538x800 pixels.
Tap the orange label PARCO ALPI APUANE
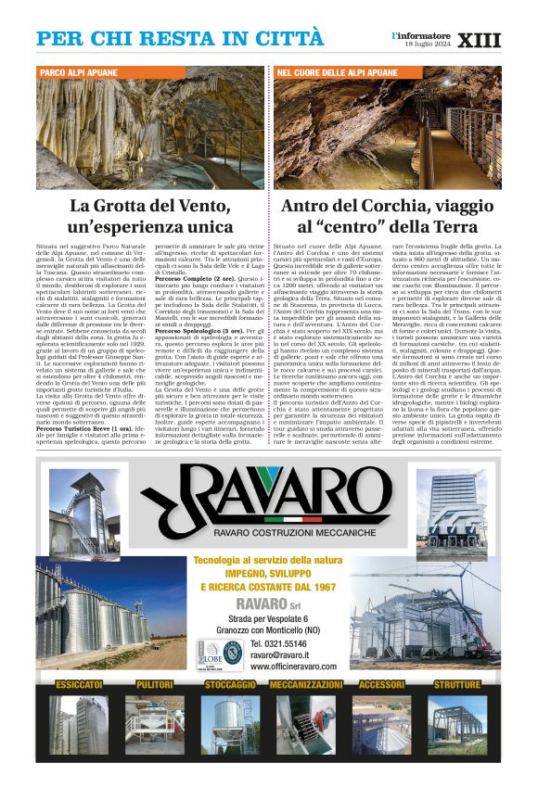(79, 71)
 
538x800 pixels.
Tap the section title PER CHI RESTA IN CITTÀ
(180, 40)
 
